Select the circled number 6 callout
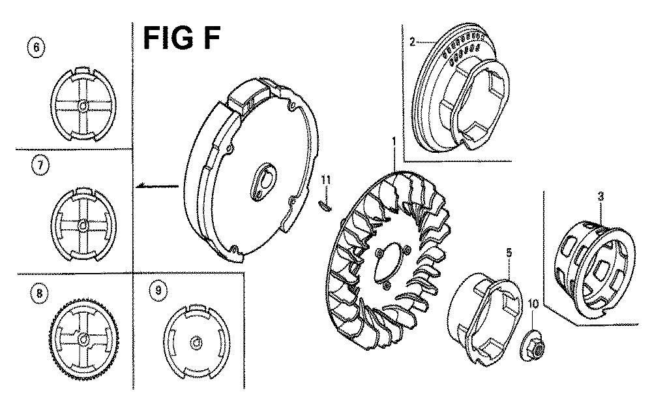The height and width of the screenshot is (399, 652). (37, 48)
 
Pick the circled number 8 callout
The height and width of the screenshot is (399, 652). (39, 293)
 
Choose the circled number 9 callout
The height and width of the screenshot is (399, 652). (158, 291)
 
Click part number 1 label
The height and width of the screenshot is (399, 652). (394, 142)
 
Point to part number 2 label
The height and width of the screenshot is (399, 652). (412, 42)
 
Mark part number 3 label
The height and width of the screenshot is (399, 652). (601, 196)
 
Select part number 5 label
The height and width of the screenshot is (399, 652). (509, 252)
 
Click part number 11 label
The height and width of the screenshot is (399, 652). (326, 180)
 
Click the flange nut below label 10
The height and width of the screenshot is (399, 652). (532, 345)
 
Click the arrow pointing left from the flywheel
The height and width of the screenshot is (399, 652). (157, 185)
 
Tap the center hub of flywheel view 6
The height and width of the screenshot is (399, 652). (83, 106)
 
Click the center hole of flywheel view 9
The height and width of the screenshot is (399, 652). (196, 343)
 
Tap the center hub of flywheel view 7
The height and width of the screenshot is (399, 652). (83, 225)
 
